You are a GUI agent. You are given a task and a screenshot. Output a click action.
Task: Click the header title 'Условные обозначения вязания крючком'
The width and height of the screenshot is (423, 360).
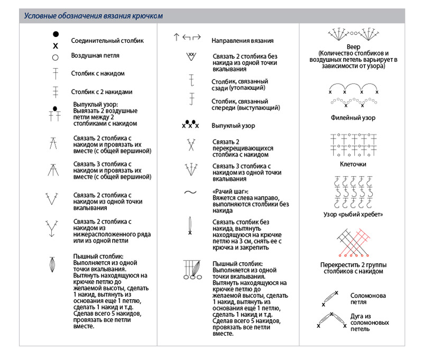pyautogui.click(x=93, y=16)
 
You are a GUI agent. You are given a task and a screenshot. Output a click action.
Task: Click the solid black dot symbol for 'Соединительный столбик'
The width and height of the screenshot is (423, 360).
pyautogui.click(x=56, y=34)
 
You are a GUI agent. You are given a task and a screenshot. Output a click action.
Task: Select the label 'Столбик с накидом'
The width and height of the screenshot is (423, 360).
pyautogui.click(x=98, y=73)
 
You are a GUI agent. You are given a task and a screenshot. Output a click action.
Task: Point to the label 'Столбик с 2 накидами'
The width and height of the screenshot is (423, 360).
pyautogui.click(x=102, y=91)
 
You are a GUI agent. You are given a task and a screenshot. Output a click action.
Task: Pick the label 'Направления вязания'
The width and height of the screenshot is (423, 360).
pyautogui.click(x=243, y=40)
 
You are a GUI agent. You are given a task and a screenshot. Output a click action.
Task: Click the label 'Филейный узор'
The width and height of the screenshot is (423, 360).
pyautogui.click(x=353, y=118)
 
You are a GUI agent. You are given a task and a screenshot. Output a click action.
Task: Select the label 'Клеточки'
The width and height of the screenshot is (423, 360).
pyautogui.click(x=353, y=164)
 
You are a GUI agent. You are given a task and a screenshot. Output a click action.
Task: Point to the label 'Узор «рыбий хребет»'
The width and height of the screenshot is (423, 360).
pyautogui.click(x=353, y=215)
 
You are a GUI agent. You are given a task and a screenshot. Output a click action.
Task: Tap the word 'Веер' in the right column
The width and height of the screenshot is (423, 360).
pyautogui.click(x=353, y=47)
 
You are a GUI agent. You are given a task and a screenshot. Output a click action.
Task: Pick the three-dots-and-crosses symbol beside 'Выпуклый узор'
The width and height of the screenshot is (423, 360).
pyautogui.click(x=190, y=125)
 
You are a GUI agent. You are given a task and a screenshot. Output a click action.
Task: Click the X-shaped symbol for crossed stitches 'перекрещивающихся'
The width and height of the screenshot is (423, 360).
pyautogui.click(x=190, y=145)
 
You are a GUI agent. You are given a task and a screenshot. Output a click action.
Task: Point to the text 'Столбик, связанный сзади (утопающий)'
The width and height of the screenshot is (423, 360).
pyautogui.click(x=240, y=85)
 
